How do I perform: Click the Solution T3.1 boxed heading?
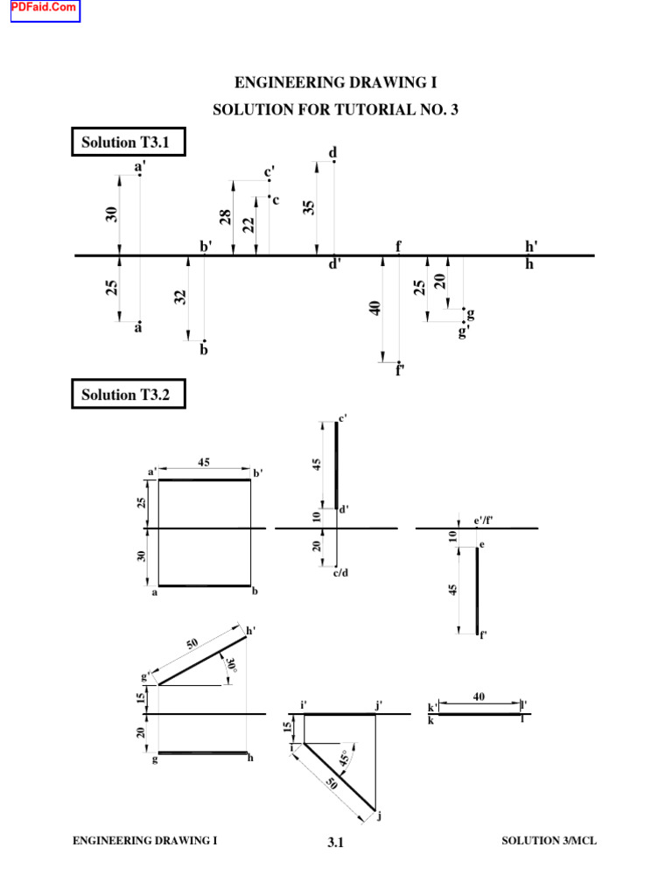click(128, 142)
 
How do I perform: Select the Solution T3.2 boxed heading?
click(128, 395)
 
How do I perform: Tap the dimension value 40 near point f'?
click(375, 308)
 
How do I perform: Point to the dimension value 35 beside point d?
click(309, 207)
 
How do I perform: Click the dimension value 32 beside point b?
click(181, 297)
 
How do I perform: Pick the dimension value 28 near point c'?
click(226, 218)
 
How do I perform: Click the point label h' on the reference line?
click(531, 247)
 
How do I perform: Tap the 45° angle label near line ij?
click(345, 759)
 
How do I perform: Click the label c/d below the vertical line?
click(340, 573)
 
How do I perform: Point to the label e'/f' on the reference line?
click(484, 521)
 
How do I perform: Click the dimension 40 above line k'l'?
click(479, 696)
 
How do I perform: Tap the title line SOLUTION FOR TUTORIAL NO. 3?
click(335, 110)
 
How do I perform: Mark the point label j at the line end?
click(380, 816)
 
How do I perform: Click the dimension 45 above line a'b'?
click(203, 464)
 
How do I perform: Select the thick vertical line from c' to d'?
click(336, 465)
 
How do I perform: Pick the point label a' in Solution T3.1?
click(140, 166)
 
